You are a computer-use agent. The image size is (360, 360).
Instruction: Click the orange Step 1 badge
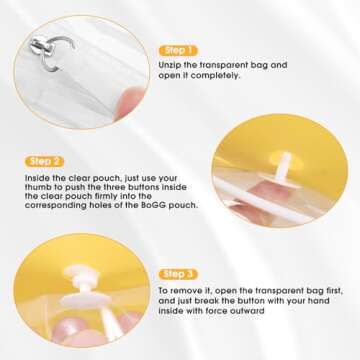click(x=179, y=49)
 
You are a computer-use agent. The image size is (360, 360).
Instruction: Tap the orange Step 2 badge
click(x=45, y=160)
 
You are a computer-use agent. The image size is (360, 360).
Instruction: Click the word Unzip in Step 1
click(x=171, y=65)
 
